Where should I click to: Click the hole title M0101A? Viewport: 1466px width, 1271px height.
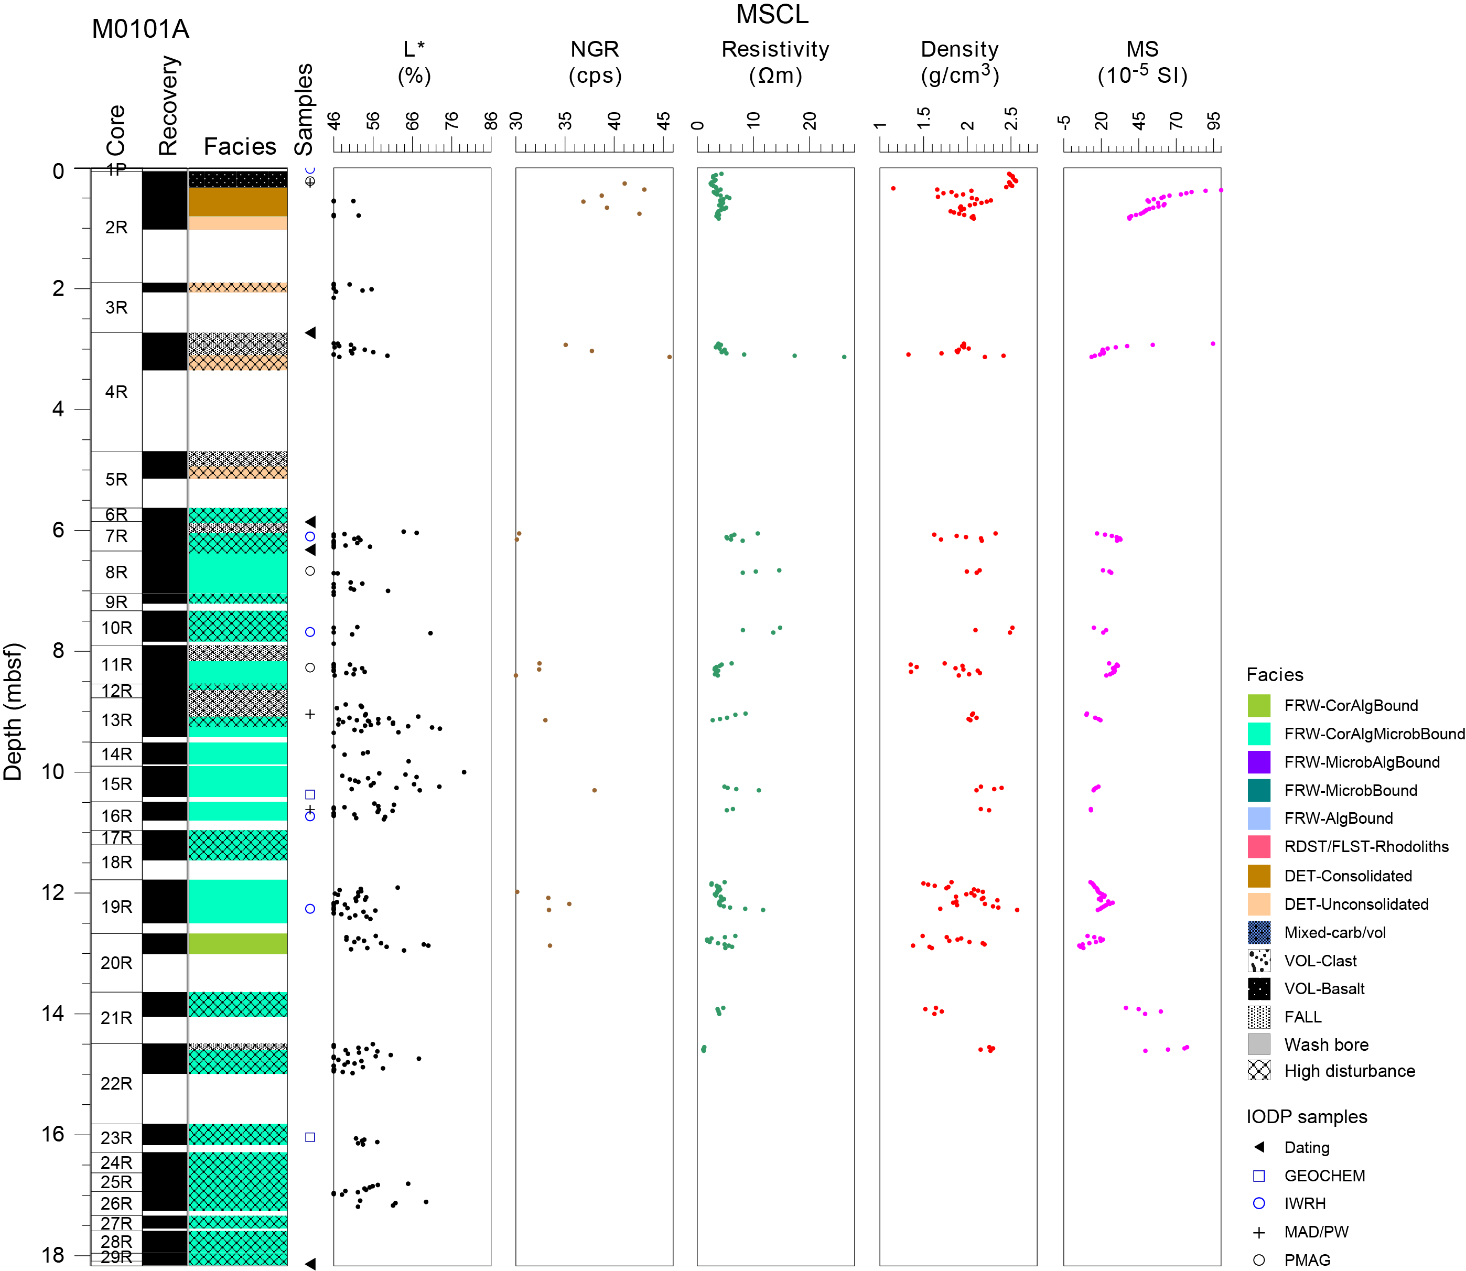[141, 29]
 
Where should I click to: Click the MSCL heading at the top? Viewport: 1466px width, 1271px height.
[772, 14]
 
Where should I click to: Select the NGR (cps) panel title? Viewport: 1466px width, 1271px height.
[595, 62]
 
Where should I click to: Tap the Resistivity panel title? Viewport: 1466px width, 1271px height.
[775, 62]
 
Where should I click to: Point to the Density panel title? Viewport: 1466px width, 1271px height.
[960, 62]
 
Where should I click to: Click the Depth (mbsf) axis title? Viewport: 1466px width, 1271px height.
[14, 712]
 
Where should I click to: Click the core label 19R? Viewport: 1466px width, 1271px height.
[116, 907]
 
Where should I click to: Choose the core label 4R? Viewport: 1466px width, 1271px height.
[116, 392]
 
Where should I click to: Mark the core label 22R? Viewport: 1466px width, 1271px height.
[116, 1083]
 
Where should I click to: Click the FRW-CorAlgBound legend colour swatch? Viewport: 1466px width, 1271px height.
[1258, 706]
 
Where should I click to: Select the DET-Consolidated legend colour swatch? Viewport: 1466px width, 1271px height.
[1258, 876]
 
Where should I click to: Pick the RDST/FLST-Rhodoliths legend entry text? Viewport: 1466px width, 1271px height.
[1366, 847]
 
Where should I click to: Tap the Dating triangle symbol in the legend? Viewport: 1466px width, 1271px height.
[1259, 1147]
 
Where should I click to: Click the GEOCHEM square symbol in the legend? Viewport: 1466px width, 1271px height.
[1259, 1176]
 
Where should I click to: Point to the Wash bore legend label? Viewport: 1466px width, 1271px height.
[1325, 1044]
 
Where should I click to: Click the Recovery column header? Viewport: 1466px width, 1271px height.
[168, 105]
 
